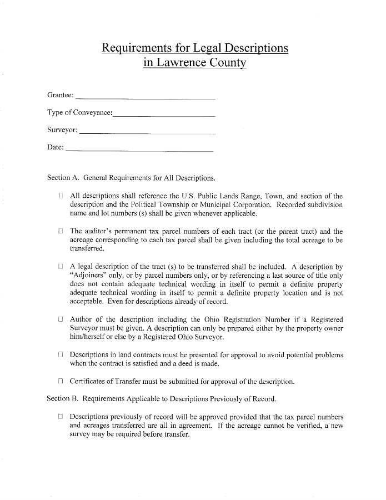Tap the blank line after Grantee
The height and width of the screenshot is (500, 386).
click(x=144, y=98)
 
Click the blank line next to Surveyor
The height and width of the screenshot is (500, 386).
click(x=147, y=133)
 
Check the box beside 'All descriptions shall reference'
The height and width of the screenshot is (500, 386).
click(x=61, y=196)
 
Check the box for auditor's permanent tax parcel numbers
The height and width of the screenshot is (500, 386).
click(x=61, y=231)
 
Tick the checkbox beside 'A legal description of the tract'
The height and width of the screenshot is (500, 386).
click(x=61, y=267)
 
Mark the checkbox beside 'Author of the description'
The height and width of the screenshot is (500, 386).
click(x=61, y=319)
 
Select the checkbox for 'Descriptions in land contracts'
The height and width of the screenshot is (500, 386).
click(x=61, y=355)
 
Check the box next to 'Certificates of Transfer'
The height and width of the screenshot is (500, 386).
click(x=61, y=382)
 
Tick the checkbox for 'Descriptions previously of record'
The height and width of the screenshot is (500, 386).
click(x=61, y=417)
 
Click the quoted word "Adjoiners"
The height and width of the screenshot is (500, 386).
click(x=91, y=276)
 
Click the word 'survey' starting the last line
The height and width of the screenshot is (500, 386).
click(x=80, y=434)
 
